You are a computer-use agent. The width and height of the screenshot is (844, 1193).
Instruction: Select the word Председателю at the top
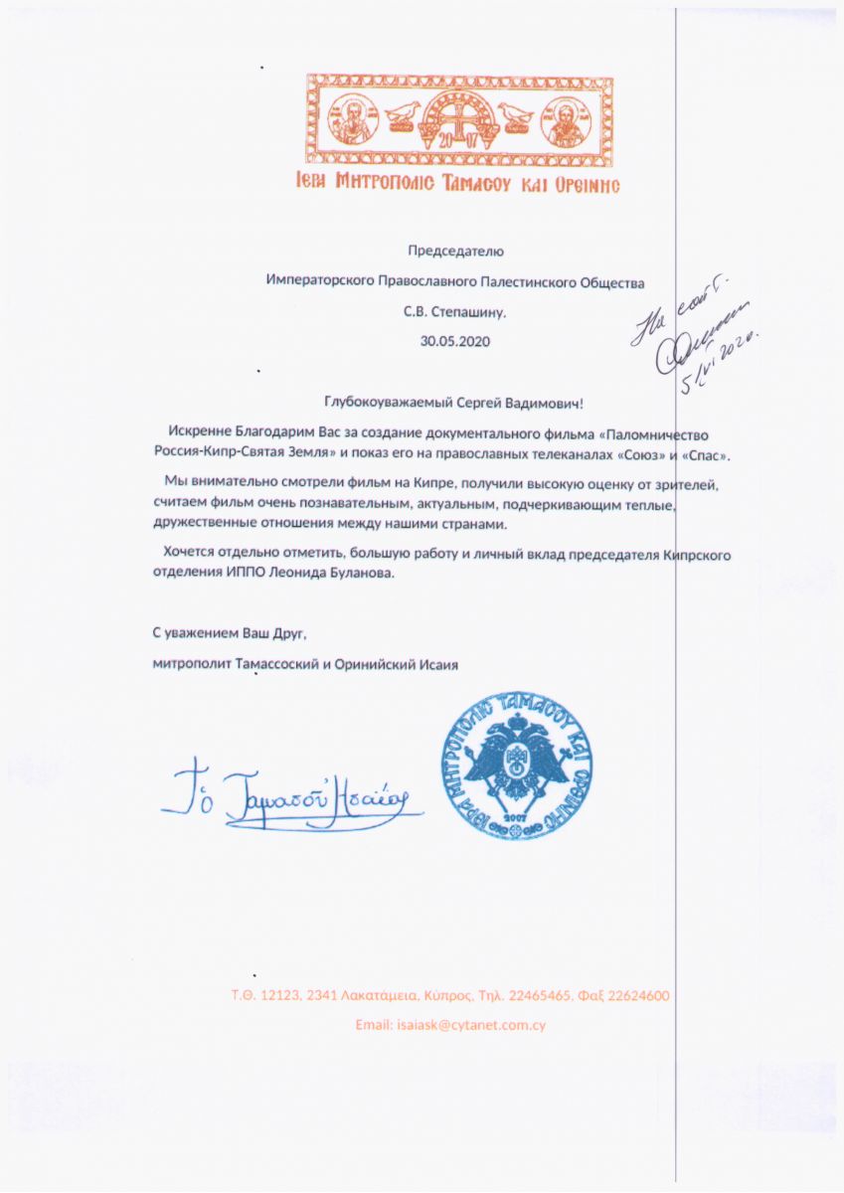coord(456,252)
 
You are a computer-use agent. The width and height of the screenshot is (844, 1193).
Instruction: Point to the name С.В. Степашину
coord(455,311)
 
